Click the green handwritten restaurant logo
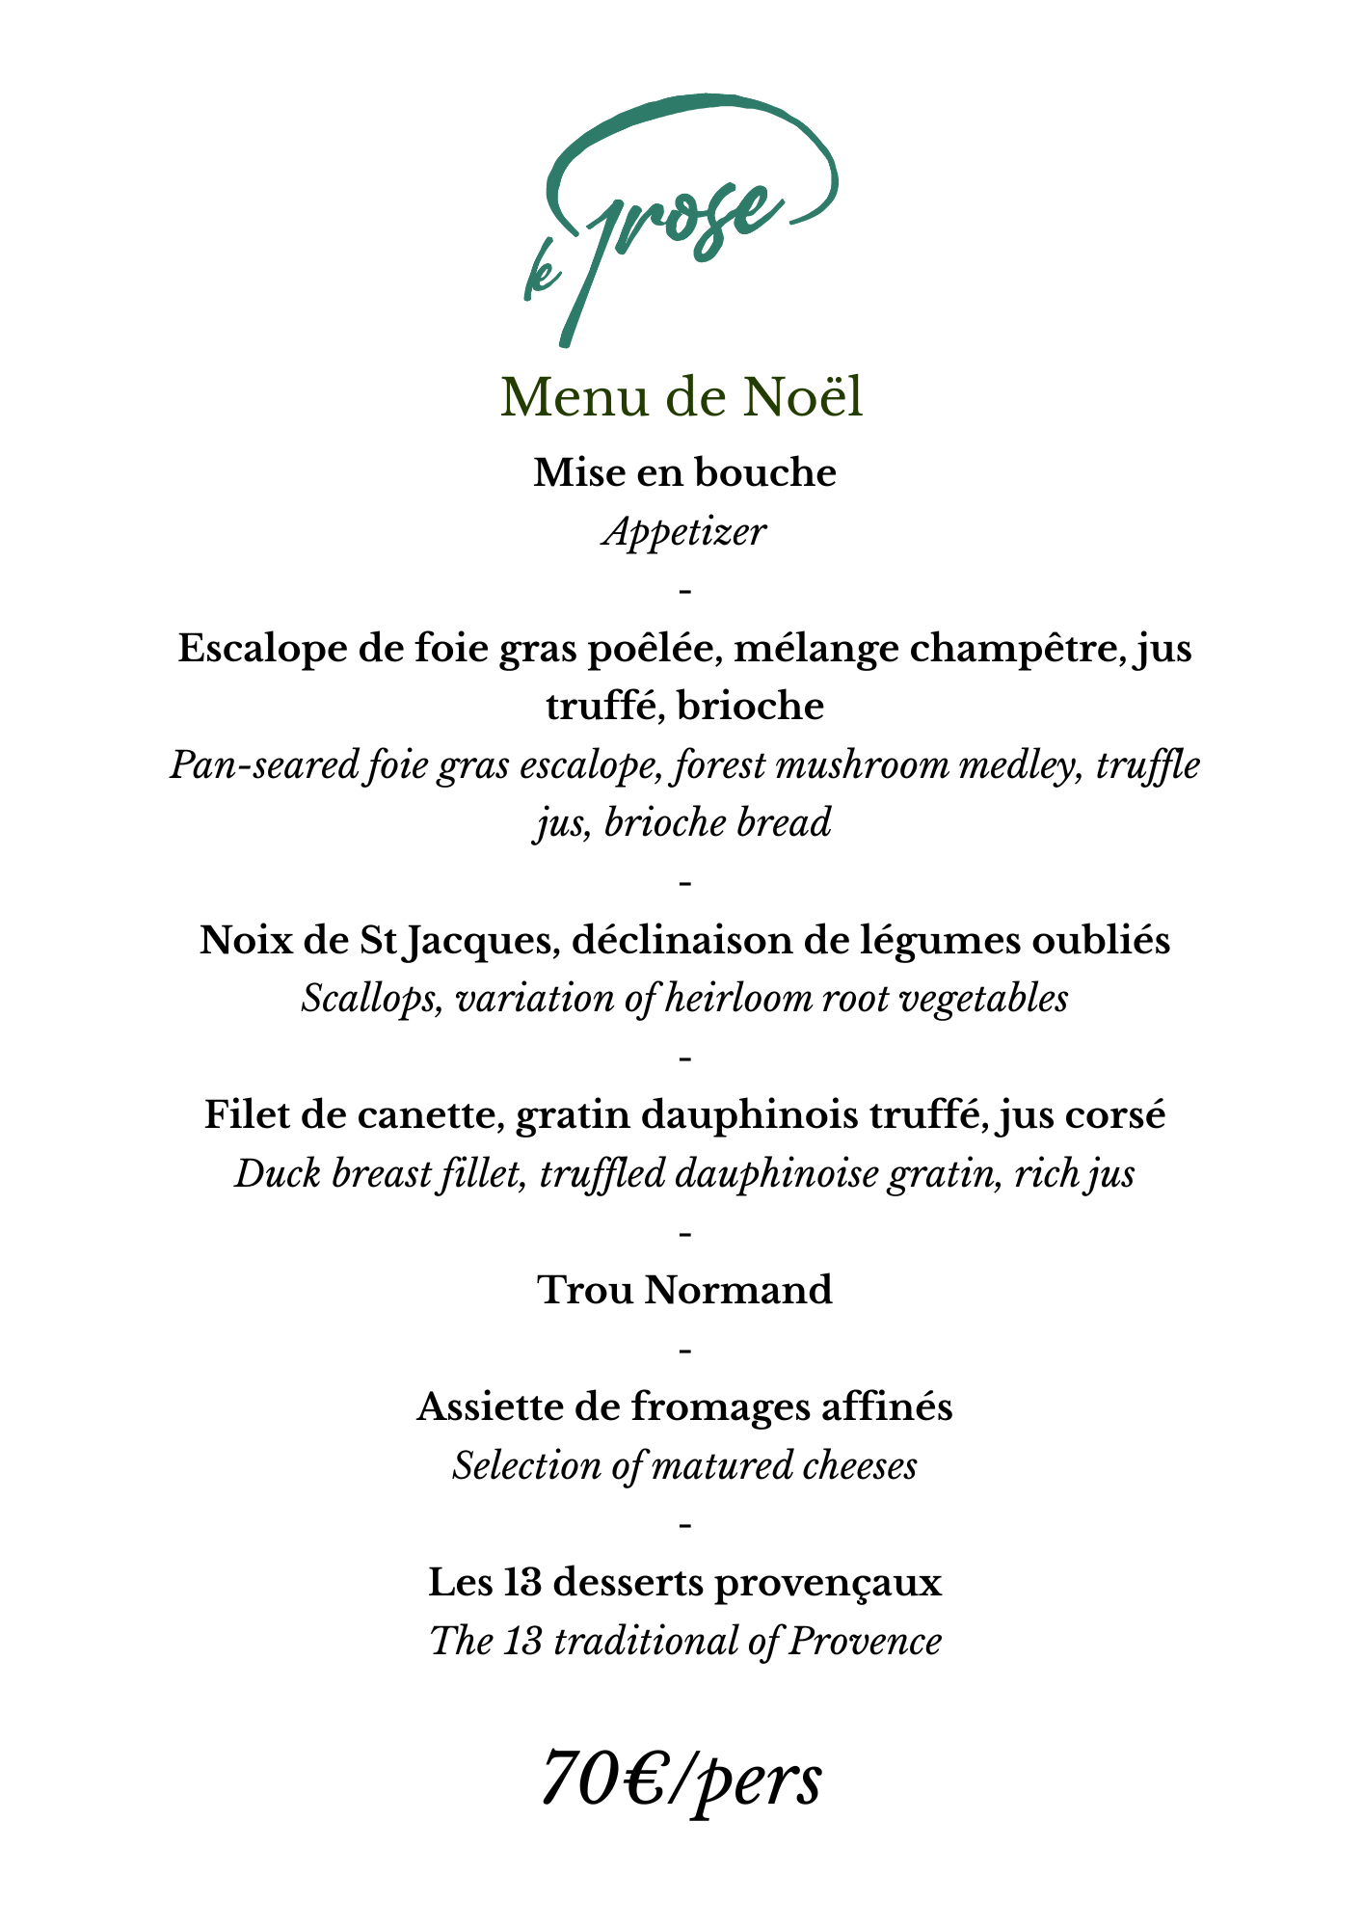(x=680, y=217)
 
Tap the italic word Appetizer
(x=684, y=531)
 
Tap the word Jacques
(x=478, y=940)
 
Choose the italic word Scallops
(x=372, y=999)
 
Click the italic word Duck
(x=278, y=1174)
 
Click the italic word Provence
(x=864, y=1641)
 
